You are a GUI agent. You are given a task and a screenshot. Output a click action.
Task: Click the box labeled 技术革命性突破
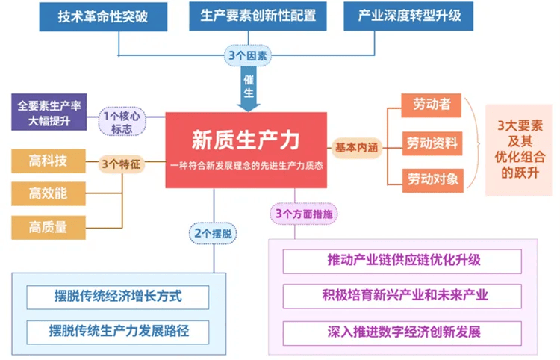point(103,16)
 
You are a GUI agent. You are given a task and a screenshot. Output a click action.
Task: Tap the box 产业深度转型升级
point(408,16)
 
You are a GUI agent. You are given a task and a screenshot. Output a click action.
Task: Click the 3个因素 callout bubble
point(249,55)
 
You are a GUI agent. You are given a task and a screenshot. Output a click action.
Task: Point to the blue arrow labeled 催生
point(249,88)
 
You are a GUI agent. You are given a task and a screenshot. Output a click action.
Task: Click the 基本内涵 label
point(356,147)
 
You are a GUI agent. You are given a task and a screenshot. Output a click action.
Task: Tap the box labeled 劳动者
point(431,106)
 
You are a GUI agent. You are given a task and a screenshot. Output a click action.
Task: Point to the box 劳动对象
point(431,179)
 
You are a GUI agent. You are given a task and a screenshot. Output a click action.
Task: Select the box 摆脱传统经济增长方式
point(119,297)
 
